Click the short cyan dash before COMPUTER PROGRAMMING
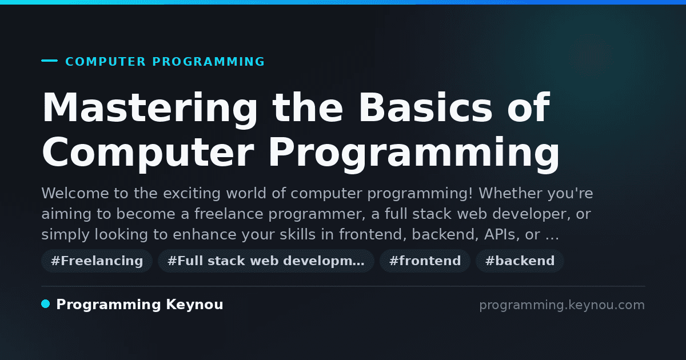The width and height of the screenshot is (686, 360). pos(49,61)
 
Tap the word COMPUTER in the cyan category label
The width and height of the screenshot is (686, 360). pos(105,62)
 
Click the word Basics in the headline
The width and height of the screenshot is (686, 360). pos(425,107)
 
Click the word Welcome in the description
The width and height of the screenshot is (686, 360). pos(75,193)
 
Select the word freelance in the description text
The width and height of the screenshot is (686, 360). pos(229,214)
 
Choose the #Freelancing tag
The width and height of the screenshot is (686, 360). pos(97,261)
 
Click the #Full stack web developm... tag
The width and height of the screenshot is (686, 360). pos(266,261)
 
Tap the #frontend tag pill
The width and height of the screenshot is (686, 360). pos(425,261)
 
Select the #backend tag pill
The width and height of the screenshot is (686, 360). pos(520,261)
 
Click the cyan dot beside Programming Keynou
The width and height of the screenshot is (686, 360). pos(45,304)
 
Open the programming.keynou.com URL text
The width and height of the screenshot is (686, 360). pos(562,305)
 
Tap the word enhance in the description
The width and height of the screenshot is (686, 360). pos(205,234)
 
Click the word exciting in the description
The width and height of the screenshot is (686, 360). pos(192,194)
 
